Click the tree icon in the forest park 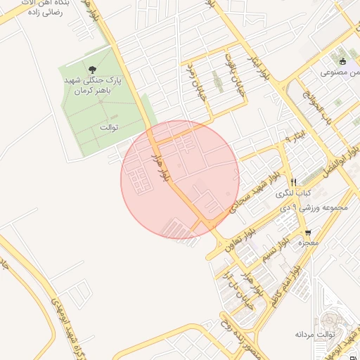pos(93,69)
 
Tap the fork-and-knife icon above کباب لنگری pos(293,181)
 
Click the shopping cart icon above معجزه pos(307,233)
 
